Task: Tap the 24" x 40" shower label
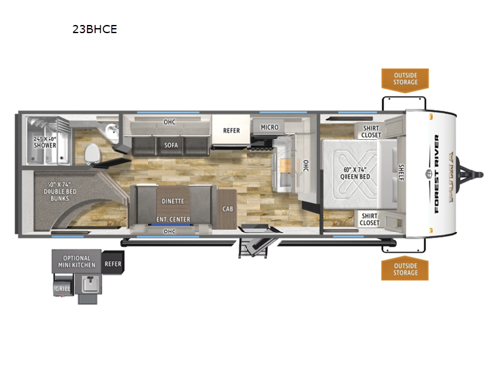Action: (45, 141)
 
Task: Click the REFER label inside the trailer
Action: (232, 129)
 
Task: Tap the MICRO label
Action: (269, 128)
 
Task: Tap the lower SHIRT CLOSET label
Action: (369, 219)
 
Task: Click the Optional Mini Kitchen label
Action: (78, 263)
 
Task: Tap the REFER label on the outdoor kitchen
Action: (113, 264)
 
